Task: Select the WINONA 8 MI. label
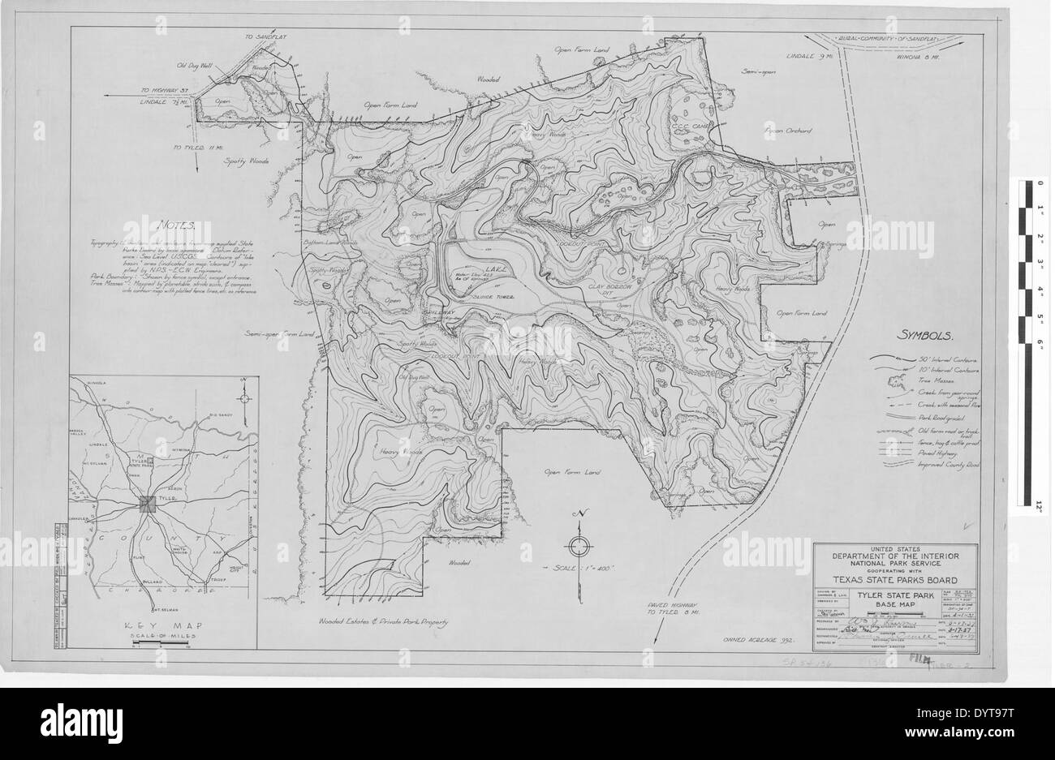point(916,56)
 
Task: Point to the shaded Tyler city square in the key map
point(149,505)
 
